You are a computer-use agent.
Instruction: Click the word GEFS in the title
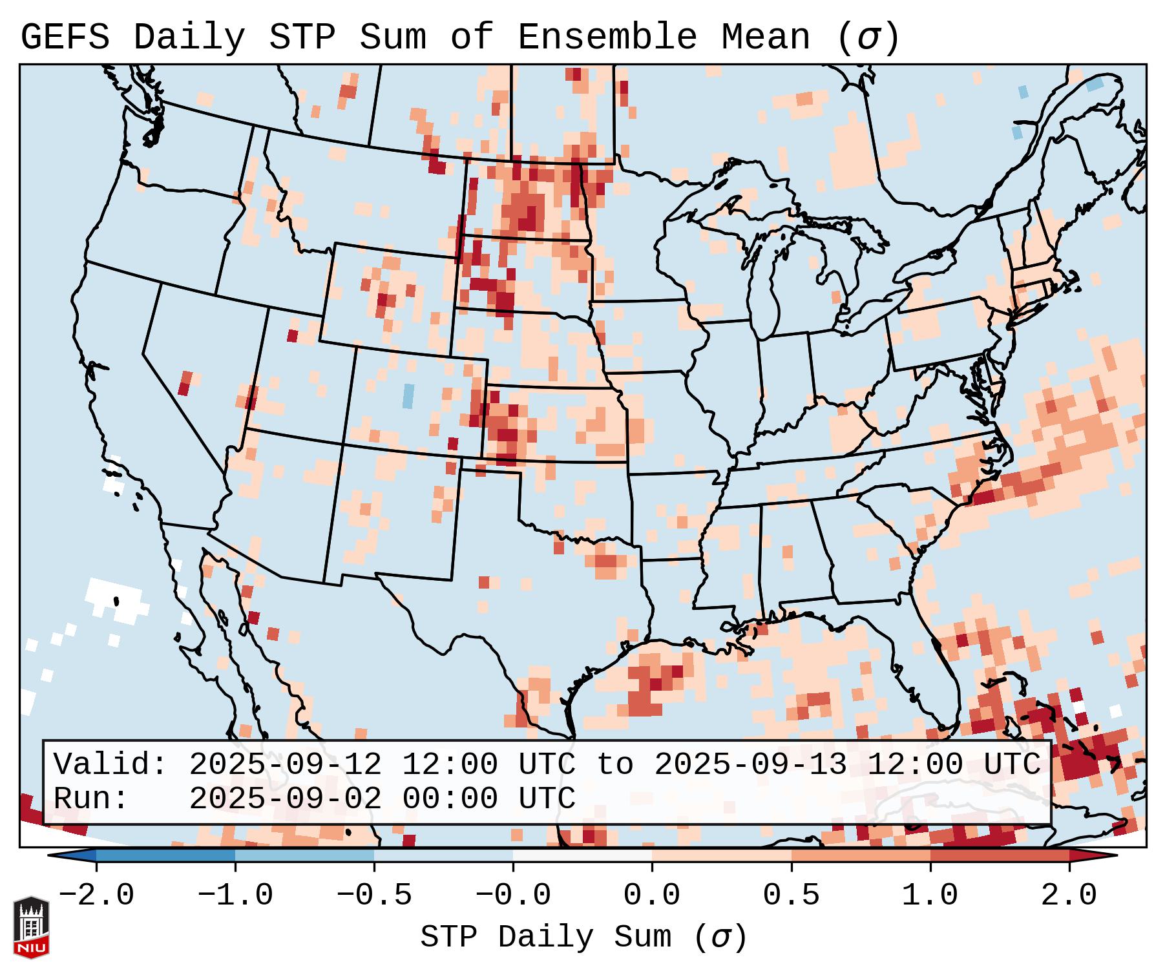point(65,37)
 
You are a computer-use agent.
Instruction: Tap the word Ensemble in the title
point(607,37)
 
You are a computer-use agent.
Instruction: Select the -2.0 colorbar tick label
point(96,895)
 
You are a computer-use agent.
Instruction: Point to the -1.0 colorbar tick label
point(235,895)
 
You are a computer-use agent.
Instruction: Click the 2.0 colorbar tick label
point(1069,895)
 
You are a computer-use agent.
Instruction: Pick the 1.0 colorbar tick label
point(930,895)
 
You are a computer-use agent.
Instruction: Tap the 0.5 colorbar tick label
point(791,895)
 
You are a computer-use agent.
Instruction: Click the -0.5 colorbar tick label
point(374,895)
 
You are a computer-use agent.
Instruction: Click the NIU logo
point(31,928)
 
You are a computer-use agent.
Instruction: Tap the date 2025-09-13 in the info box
point(750,765)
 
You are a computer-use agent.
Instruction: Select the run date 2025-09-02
point(285,799)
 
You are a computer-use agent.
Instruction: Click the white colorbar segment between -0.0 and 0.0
point(582,855)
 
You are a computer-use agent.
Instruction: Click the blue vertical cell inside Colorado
point(408,395)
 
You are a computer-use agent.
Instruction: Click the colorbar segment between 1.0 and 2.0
point(1000,855)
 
